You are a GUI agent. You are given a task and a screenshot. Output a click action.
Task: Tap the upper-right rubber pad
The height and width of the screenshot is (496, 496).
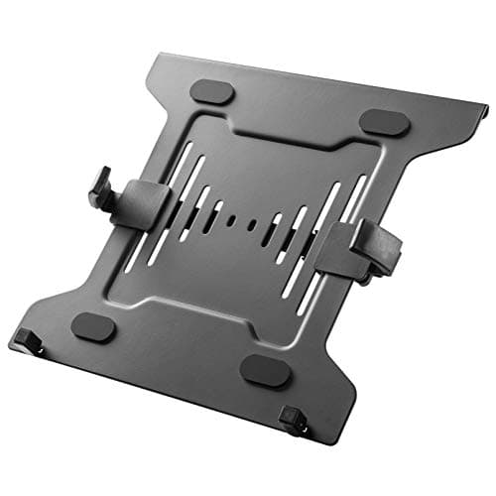click(x=383, y=123)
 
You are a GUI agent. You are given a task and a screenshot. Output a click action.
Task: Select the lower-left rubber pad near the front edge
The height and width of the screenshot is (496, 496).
click(x=93, y=325)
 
